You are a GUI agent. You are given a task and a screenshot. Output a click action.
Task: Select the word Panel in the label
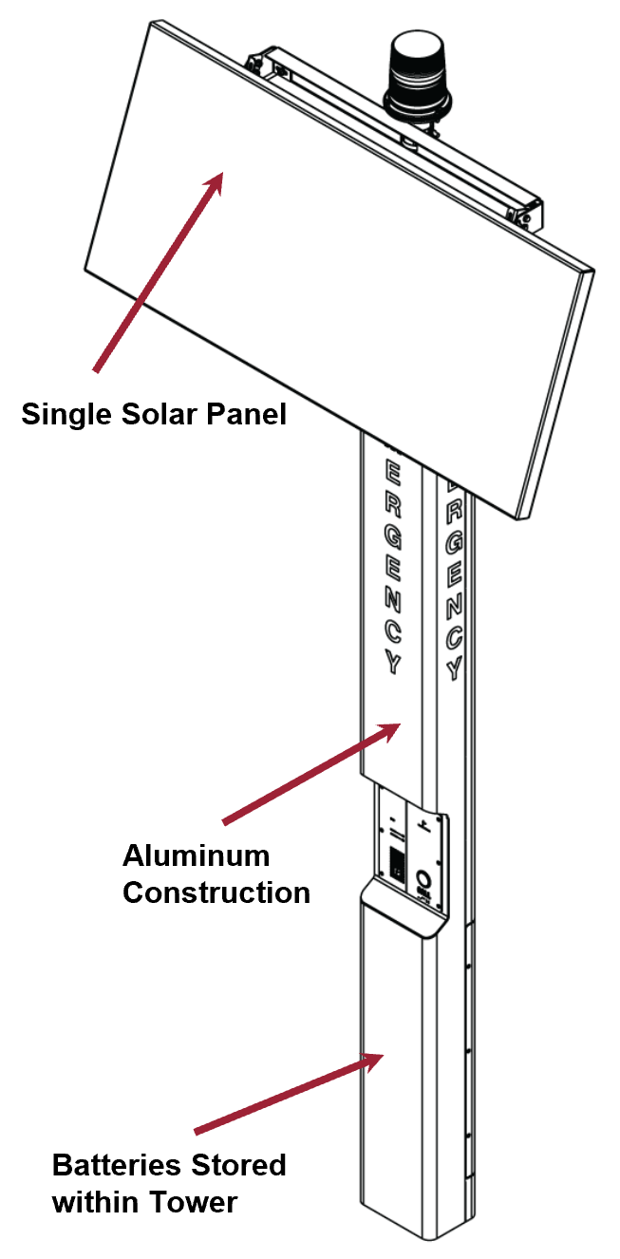pos(241,415)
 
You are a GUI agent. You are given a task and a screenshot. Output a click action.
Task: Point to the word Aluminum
pos(196,855)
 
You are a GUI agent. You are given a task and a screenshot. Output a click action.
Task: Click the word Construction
pos(216,893)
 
